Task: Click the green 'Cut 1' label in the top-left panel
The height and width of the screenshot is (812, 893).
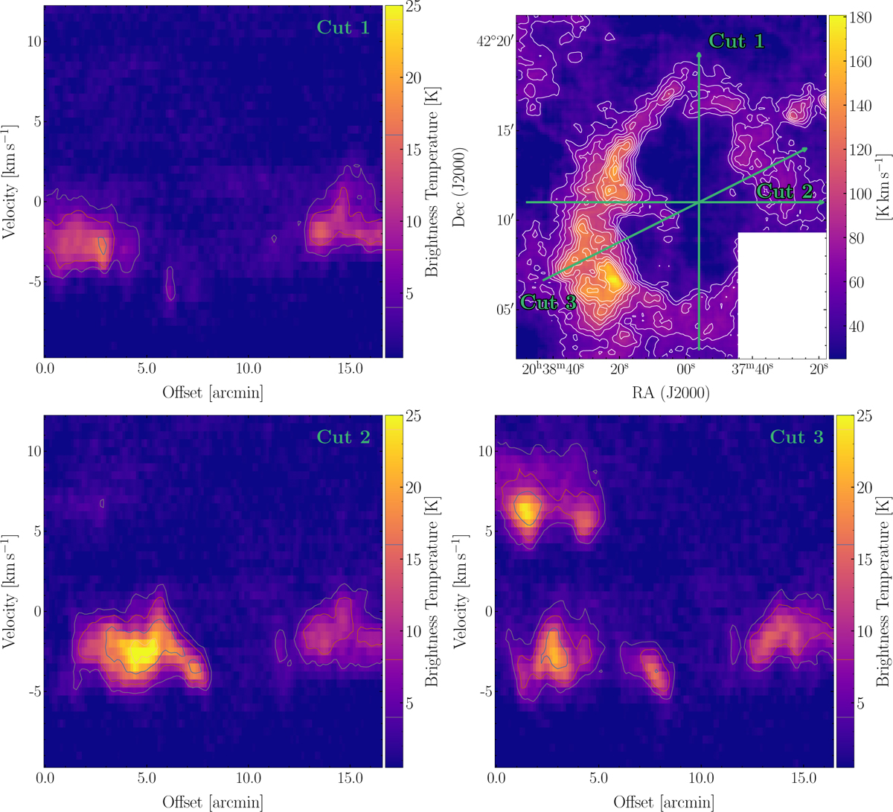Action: [x=343, y=28]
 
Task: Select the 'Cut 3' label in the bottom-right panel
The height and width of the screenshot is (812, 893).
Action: [x=796, y=437]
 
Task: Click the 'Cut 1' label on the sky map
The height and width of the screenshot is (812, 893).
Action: [x=736, y=41]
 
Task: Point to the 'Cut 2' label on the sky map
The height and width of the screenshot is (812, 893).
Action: [x=785, y=192]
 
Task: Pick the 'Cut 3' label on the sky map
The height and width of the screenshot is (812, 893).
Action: [x=548, y=302]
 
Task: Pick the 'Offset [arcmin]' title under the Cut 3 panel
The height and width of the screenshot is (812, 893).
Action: [x=664, y=802]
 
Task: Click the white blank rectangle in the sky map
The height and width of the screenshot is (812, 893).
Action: [x=781, y=295]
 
